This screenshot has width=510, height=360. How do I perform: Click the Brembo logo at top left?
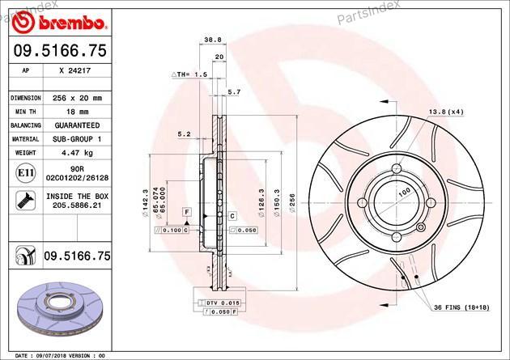pyautogui.click(x=59, y=22)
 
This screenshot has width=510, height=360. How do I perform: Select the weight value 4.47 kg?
pyautogui.click(x=77, y=153)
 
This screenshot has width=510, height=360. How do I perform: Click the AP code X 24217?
pyautogui.click(x=75, y=70)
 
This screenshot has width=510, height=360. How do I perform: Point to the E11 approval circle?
pyautogui.click(x=26, y=173)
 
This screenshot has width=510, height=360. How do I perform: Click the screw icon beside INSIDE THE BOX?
pyautogui.click(x=26, y=201)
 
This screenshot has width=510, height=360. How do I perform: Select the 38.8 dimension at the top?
pyautogui.click(x=213, y=40)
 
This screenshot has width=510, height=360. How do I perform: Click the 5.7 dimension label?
pyautogui.click(x=234, y=92)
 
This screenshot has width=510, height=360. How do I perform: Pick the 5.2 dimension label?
pyautogui.click(x=184, y=133)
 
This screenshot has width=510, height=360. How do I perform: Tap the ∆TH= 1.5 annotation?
pyautogui.click(x=189, y=74)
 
